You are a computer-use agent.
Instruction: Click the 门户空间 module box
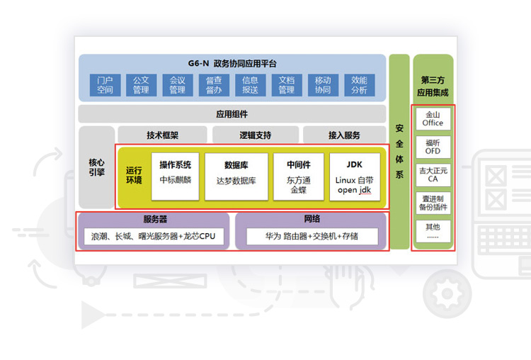[105, 85]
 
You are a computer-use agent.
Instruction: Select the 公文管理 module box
[141, 85]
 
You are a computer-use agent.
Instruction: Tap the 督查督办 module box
[214, 85]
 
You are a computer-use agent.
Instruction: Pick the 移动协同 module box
[323, 85]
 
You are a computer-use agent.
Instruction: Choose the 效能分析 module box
[359, 85]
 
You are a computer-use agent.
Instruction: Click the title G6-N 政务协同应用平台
[232, 63]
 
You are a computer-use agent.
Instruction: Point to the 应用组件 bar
[232, 114]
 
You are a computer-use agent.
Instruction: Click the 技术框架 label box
[163, 135]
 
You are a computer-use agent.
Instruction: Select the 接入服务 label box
[344, 135]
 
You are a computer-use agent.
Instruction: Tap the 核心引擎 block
[96, 167]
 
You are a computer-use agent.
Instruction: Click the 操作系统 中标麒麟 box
[175, 176]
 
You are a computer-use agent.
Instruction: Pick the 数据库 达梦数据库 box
[236, 176]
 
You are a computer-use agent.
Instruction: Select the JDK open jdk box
[355, 176]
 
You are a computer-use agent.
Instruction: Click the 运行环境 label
[134, 175]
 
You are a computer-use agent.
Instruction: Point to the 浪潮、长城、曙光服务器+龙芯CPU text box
[154, 236]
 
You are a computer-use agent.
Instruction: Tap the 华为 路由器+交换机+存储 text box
[312, 236]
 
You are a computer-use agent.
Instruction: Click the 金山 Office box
[433, 118]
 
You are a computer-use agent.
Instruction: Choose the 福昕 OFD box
[433, 147]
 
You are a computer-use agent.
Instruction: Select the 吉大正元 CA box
[433, 175]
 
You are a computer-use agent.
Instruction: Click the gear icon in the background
[447, 293]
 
